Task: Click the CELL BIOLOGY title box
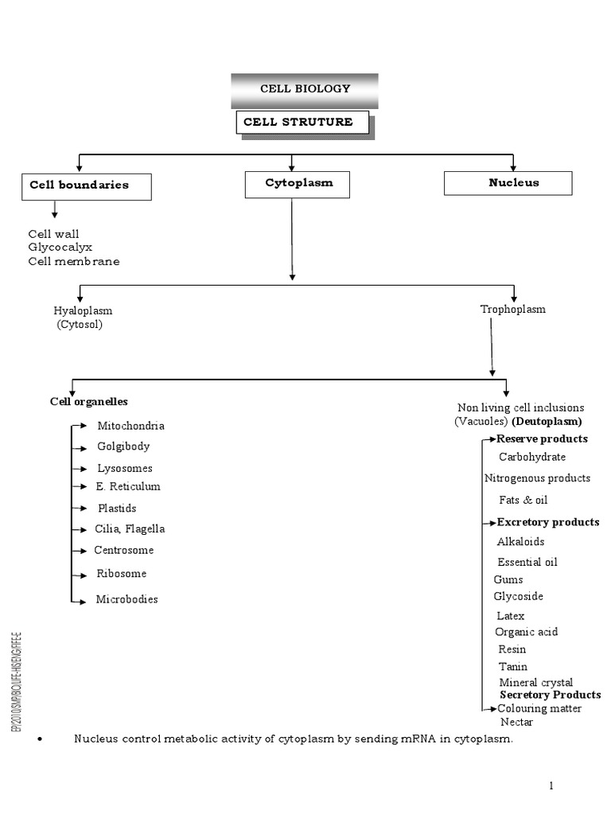(305, 89)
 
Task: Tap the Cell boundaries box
(86, 186)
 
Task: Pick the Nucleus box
(508, 183)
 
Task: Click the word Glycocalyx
(60, 248)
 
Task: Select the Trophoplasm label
(513, 309)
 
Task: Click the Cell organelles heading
(89, 402)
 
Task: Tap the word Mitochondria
(131, 427)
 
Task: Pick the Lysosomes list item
(125, 469)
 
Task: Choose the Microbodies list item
(127, 599)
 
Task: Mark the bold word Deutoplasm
(547, 421)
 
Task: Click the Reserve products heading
(543, 439)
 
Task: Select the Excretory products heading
(548, 523)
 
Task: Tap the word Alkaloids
(521, 542)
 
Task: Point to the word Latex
(511, 616)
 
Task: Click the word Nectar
(517, 723)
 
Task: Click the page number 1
(551, 786)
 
